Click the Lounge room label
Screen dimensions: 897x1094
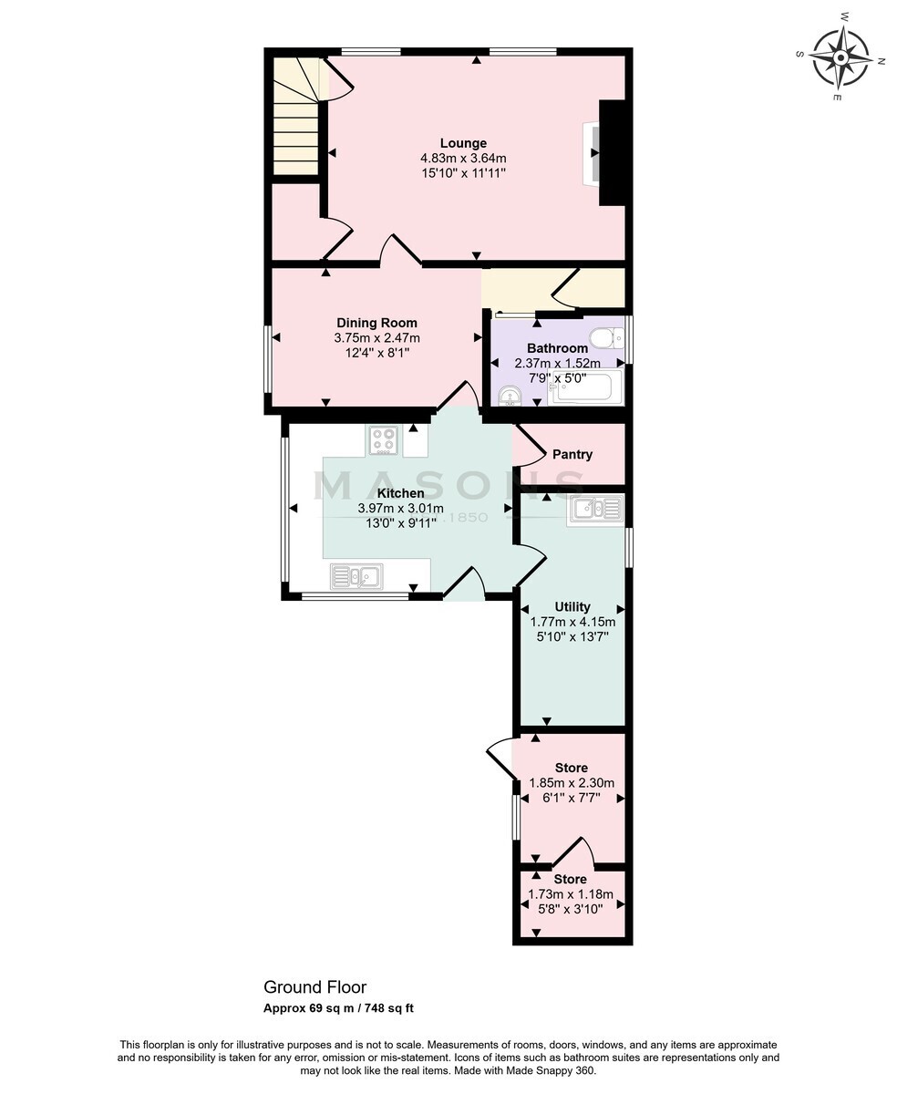click(463, 143)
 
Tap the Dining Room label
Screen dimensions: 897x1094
click(376, 323)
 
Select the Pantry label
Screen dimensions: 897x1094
click(572, 454)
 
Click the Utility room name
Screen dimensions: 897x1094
click(572, 606)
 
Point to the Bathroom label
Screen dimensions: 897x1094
click(557, 348)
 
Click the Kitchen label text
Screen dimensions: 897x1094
click(400, 493)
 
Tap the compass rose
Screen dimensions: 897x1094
click(840, 57)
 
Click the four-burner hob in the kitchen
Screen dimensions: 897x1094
click(384, 440)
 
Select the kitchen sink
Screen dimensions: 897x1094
click(356, 576)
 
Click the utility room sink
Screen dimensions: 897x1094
click(596, 509)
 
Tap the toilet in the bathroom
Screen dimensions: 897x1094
click(607, 338)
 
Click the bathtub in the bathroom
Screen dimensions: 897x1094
click(587, 387)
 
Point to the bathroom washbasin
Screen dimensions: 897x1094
click(510, 396)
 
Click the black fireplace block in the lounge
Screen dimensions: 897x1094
click(613, 153)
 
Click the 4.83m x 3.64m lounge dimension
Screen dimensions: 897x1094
click(463, 158)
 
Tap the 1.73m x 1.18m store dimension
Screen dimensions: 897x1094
click(570, 893)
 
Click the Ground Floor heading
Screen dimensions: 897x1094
click(314, 986)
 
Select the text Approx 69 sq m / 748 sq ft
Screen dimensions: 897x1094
click(339, 1008)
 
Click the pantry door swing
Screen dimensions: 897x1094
click(529, 446)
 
